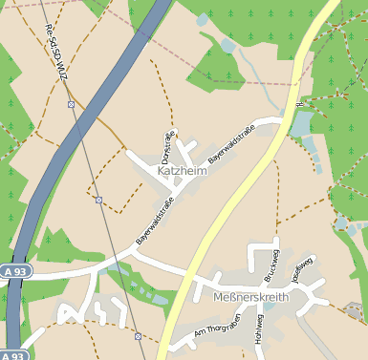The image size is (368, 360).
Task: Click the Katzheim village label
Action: [x=182, y=169]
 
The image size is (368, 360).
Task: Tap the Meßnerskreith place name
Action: [x=247, y=298]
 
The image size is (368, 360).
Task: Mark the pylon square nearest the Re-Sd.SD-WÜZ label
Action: [x=71, y=103]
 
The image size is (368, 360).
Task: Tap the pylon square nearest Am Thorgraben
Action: [x=139, y=336]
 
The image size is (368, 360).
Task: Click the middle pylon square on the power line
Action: [x=98, y=200]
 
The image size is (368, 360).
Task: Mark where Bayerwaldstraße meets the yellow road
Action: [x=283, y=120]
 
